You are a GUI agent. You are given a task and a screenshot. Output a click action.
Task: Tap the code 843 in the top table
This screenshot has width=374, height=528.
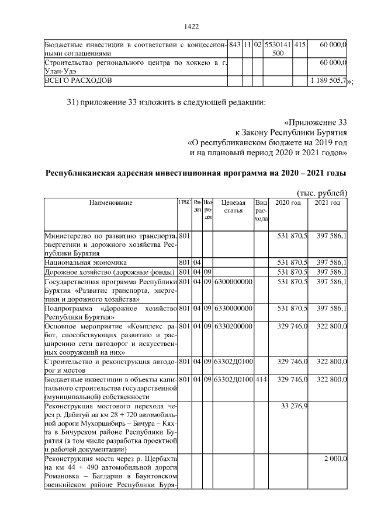[235, 44]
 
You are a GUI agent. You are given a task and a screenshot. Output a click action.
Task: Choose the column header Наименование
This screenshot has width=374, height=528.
[110, 202]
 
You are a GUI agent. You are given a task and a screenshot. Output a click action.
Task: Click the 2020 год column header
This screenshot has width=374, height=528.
[288, 202]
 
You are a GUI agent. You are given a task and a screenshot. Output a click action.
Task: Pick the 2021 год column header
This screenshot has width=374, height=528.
[327, 202]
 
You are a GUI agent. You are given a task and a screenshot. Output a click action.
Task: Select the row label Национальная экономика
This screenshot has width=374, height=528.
[86, 263]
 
